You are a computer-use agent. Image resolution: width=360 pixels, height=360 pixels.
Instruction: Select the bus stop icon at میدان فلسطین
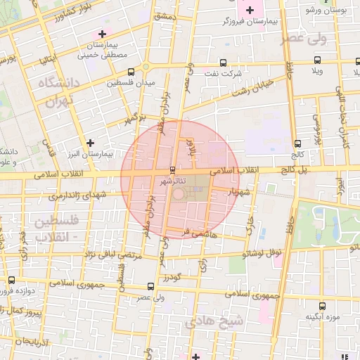tap(131, 72)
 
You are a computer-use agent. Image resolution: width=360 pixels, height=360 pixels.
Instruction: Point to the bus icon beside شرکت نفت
tap(223, 62)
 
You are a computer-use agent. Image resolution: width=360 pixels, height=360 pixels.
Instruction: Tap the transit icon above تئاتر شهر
tap(174, 169)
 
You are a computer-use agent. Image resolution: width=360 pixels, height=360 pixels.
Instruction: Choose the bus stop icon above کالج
tap(297, 143)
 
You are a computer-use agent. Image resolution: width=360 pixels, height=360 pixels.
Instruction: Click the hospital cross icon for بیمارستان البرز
tap(90, 143)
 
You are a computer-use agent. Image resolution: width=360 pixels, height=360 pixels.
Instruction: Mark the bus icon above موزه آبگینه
tap(322, 306)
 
